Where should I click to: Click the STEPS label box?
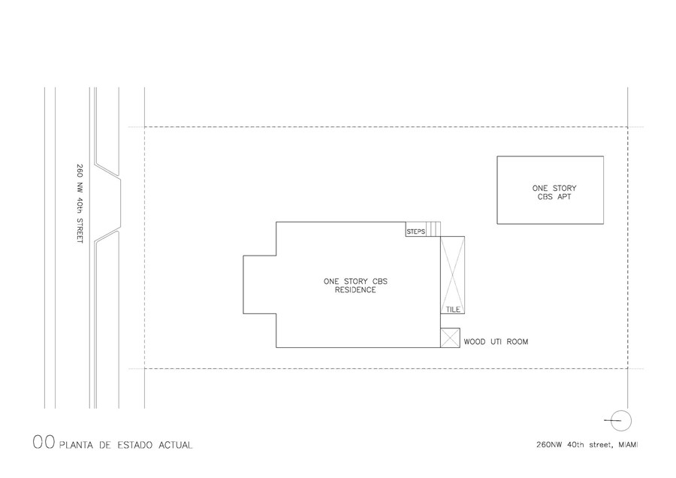pyautogui.click(x=416, y=229)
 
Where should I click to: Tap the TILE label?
pyautogui.click(x=453, y=310)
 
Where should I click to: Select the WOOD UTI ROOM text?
pyautogui.click(x=496, y=342)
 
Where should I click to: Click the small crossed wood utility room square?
pyautogui.click(x=450, y=337)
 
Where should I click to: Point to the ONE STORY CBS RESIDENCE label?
pyautogui.click(x=356, y=286)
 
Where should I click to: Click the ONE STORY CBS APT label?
pyautogui.click(x=554, y=192)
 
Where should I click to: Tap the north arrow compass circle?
pyautogui.click(x=621, y=421)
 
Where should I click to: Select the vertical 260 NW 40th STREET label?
pyautogui.click(x=80, y=203)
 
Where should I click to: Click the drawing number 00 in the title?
pyautogui.click(x=44, y=442)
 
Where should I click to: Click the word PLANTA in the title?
pyautogui.click(x=76, y=445)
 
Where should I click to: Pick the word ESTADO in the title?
pyautogui.click(x=135, y=445)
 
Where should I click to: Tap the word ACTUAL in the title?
pyautogui.click(x=176, y=445)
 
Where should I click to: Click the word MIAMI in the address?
pyautogui.click(x=628, y=445)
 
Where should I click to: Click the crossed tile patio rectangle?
pyautogui.click(x=453, y=275)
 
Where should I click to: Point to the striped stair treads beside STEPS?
pyautogui.click(x=433, y=229)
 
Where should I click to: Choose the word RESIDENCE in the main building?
pyautogui.click(x=356, y=290)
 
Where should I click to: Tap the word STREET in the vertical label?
pyautogui.click(x=80, y=231)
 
